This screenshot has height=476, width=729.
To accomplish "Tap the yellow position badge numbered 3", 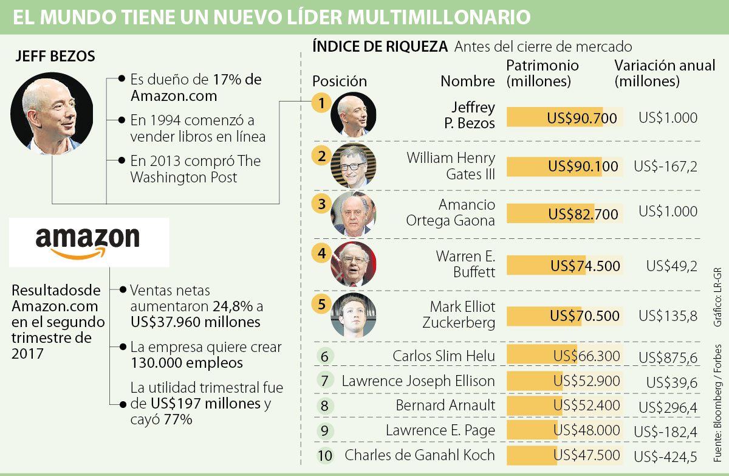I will pos(321,203).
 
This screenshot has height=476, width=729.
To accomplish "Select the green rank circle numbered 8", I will pos(326,405).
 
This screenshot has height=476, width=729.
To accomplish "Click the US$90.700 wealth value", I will pos(582,118).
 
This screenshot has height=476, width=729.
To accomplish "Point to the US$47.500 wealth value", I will pos(587,455).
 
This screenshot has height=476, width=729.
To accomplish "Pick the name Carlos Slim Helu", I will pos(443,356).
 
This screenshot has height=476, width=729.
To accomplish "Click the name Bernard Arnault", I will pos(445,405).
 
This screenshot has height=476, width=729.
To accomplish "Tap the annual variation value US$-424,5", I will pos(665,456).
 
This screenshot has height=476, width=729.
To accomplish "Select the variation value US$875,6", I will pos(668,357).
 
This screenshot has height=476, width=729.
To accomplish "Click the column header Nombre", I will pos(468,81).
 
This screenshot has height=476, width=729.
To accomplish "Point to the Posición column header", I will pos(340,81).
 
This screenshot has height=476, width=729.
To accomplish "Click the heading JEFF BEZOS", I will pos(55,57).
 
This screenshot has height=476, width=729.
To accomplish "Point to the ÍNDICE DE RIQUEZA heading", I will pos(380,46).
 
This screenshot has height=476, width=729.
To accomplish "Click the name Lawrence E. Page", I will pos(440,430).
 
